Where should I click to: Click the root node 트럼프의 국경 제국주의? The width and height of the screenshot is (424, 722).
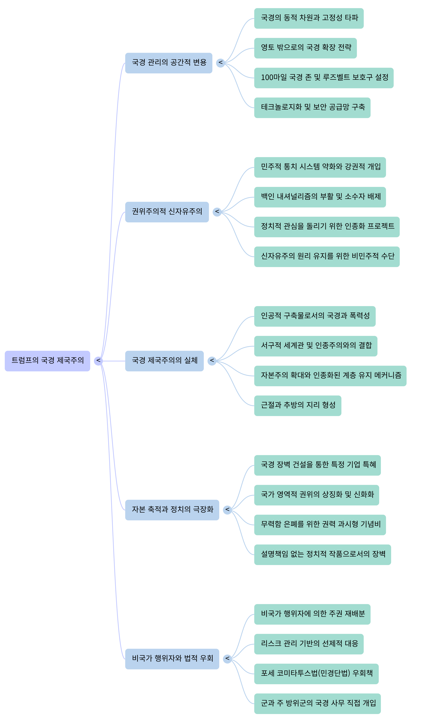point(47,361)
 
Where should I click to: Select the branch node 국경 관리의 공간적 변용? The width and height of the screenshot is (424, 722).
point(169,63)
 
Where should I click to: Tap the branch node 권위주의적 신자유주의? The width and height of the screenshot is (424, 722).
point(167,212)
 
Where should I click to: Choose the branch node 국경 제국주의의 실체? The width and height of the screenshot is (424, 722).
point(164,361)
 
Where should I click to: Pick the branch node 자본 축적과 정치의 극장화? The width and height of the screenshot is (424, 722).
point(172,510)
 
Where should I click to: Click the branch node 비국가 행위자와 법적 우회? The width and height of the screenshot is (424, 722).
point(172,659)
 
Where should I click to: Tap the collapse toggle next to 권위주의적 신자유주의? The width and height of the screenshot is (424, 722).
point(217,212)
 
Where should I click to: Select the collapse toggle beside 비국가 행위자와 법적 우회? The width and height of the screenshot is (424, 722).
point(227,659)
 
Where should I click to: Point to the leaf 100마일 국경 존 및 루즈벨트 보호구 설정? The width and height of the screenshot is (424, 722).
point(324,78)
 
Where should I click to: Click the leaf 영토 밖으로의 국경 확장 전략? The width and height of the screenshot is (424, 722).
point(305,48)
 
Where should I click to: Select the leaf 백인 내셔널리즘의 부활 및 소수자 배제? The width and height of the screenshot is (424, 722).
point(320,197)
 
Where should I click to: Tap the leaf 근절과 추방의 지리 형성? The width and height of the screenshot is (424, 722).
point(298,405)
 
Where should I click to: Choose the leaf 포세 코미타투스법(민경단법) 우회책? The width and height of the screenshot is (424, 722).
point(316,674)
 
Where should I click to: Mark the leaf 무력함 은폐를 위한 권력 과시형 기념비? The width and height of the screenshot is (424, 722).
point(320,525)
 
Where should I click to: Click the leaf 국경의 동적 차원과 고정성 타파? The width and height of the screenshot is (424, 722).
point(309,18)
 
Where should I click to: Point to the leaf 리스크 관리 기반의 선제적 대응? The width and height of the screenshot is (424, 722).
point(309,644)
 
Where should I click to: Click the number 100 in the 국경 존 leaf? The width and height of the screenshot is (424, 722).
point(267,77)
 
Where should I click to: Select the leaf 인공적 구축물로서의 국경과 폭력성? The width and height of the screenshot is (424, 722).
point(315,316)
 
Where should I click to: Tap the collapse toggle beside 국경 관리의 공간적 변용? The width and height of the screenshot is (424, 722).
point(220,63)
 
